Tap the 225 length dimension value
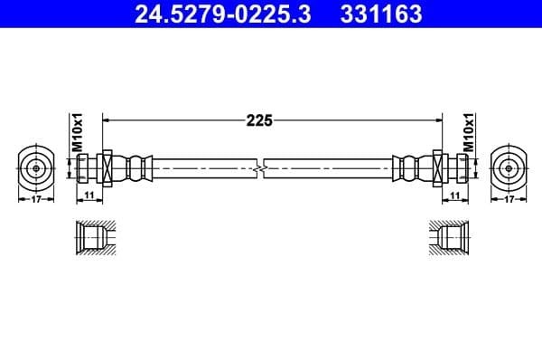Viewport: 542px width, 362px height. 260,119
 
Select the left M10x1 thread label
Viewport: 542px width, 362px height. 78,132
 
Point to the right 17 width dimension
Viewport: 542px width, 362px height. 509,199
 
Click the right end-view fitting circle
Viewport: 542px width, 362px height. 509,168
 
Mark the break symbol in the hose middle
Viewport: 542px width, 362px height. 261,168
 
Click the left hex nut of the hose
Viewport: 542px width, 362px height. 107,168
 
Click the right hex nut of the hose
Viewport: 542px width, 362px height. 437,168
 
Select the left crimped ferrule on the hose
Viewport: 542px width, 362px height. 135,168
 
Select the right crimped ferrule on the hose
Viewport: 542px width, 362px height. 407,168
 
